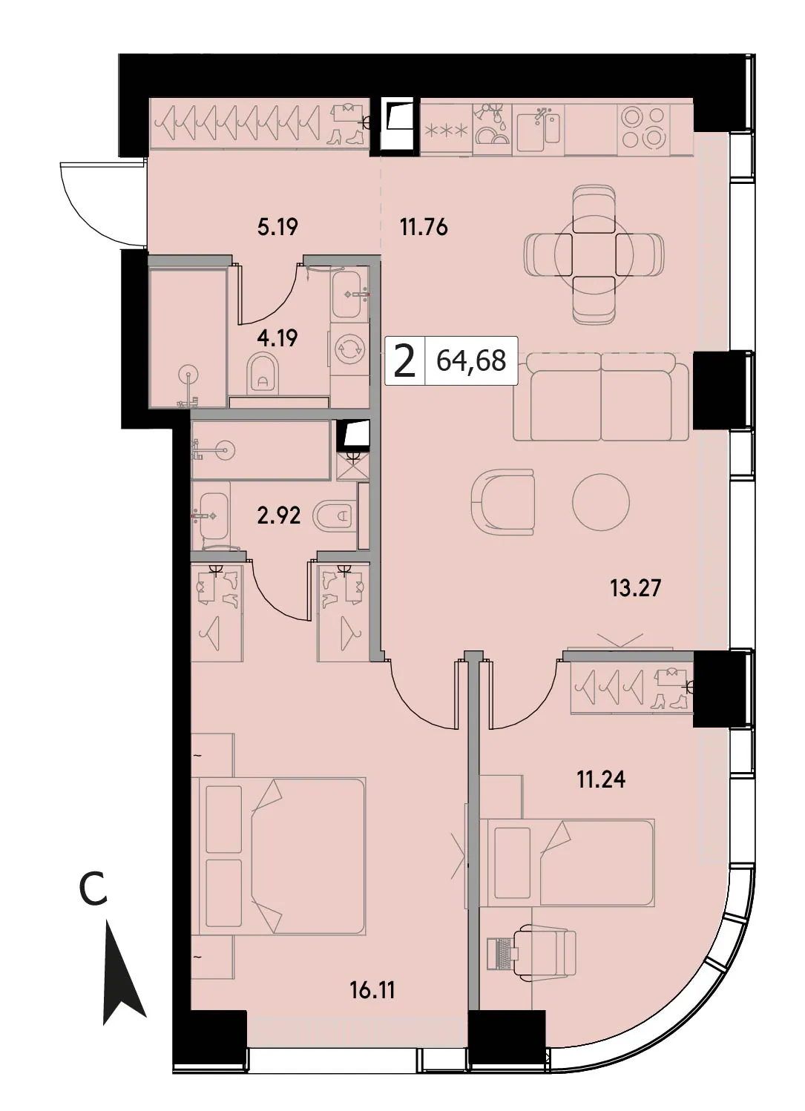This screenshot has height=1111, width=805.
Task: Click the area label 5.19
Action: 277,227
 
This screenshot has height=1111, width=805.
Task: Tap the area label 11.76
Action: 424,227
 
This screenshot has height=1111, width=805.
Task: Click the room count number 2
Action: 404,362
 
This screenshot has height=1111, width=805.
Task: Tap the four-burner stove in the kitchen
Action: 644,128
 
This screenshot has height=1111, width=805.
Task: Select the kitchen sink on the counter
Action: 539,129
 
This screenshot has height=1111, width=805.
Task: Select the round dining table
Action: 594,252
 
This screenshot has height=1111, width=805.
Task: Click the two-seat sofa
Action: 601,397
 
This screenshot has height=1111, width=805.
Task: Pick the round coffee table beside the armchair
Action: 601,502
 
